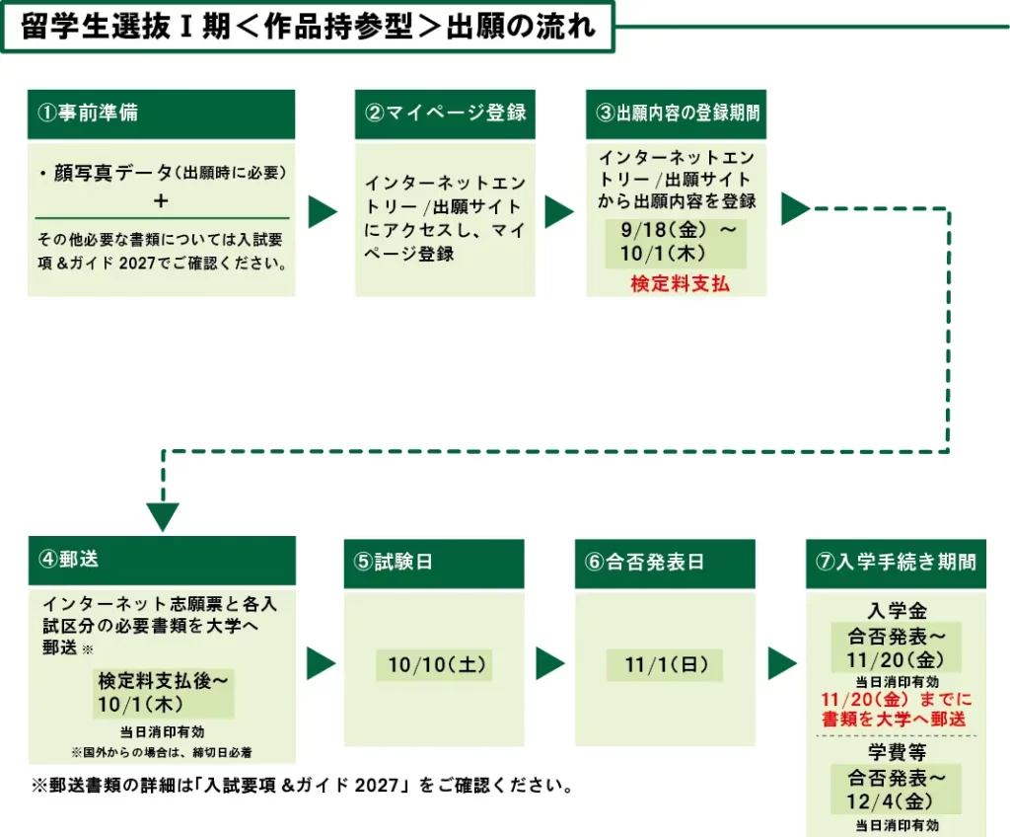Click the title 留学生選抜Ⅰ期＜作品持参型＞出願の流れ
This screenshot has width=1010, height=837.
[308, 27]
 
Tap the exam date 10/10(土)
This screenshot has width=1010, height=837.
[436, 665]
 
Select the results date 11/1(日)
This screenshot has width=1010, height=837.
[666, 665]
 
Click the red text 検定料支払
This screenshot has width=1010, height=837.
[681, 283]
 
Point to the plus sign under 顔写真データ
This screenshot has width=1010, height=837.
[161, 201]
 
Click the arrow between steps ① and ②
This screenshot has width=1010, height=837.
[323, 211]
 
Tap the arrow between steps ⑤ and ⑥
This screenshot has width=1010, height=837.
[550, 663]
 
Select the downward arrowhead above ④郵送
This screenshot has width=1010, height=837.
[163, 516]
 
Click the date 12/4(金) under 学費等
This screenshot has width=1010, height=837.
[890, 801]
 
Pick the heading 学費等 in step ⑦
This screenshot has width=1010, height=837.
[897, 752]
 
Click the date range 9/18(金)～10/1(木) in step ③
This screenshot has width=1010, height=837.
[676, 242]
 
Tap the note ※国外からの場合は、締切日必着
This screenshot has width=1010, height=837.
[162, 752]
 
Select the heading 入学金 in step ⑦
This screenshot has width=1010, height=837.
[897, 610]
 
